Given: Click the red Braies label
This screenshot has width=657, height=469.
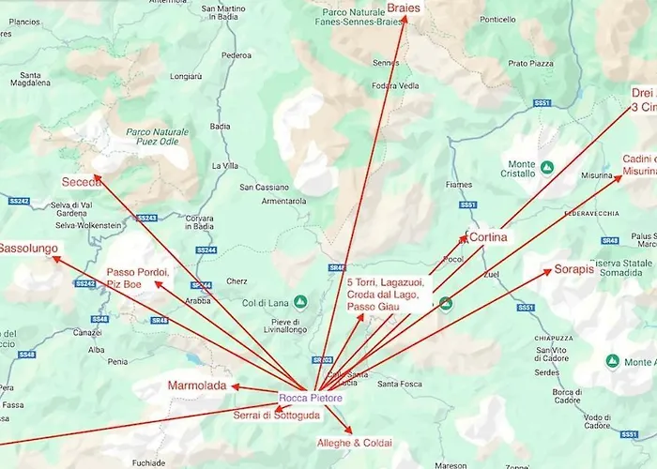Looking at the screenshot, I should (x=403, y=8).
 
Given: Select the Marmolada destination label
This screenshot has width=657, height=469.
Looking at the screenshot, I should (x=197, y=386).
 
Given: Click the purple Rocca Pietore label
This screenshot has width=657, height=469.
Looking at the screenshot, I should (x=311, y=399).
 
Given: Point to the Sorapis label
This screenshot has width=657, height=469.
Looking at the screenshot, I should (x=573, y=269).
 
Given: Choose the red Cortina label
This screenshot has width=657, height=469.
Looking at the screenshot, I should (x=488, y=237).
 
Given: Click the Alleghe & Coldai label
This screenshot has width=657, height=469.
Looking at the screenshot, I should (x=354, y=443).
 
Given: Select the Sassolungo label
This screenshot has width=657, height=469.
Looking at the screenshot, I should (x=28, y=250).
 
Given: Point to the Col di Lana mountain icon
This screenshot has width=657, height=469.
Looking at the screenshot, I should (x=300, y=302).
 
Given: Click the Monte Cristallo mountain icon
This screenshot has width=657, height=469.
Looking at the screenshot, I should (x=547, y=166).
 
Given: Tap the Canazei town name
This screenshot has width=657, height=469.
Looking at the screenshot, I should (x=87, y=332).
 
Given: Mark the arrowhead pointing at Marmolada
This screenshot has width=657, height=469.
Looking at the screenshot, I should (x=235, y=386).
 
